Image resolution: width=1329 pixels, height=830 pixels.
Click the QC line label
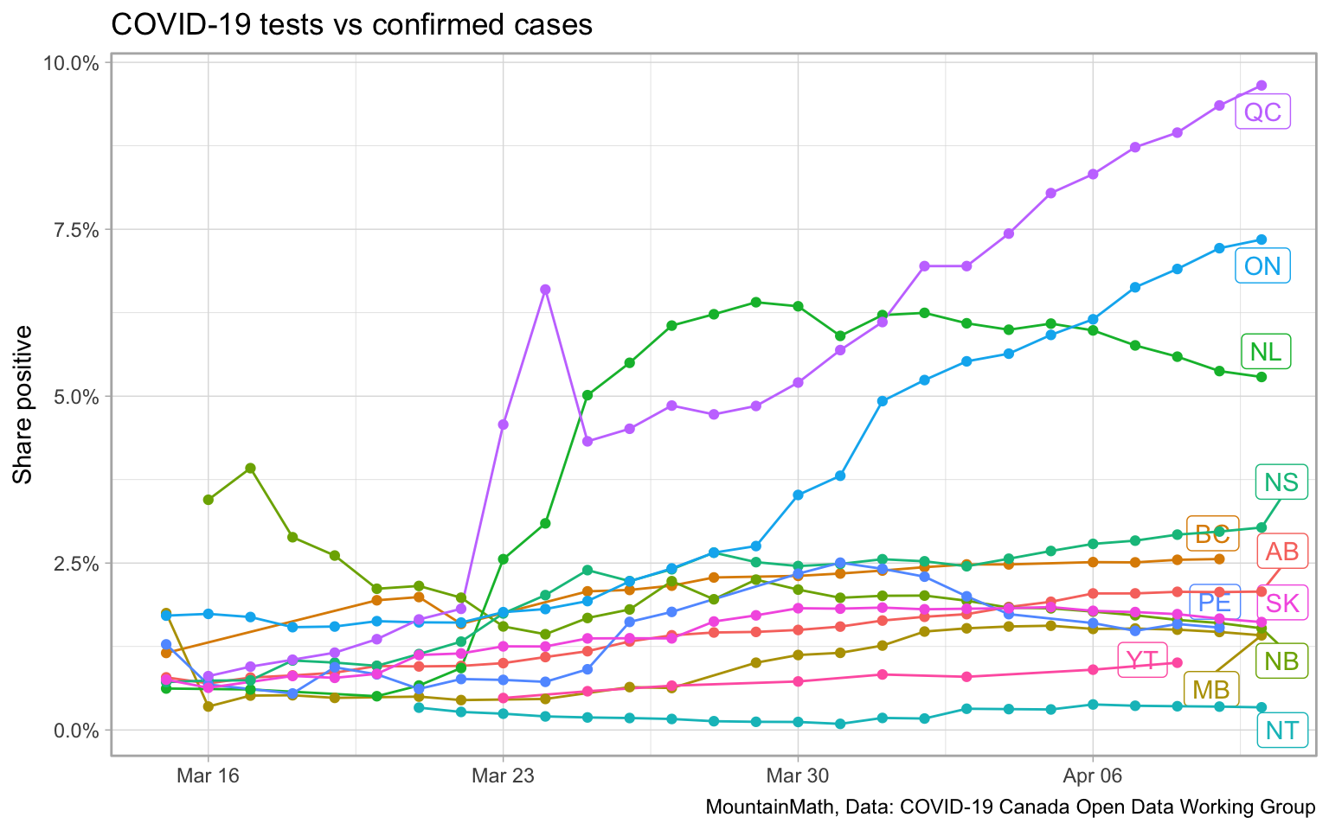coord(1262,112)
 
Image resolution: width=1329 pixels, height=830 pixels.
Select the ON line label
coord(1262,265)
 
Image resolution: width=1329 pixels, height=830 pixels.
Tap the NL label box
coord(1265,352)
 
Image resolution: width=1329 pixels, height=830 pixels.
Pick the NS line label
coord(1281,482)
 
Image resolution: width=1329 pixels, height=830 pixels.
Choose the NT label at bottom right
coord(1281,731)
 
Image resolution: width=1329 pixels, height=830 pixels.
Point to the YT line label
coord(1142,661)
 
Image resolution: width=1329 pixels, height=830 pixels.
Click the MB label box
coord(1210,690)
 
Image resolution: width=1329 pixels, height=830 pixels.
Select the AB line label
coord(1281,552)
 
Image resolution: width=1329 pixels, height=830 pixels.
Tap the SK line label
coord(1281,603)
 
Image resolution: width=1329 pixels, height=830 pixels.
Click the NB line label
coord(1281,662)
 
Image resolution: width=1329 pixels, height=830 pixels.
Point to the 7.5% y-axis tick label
coord(76,230)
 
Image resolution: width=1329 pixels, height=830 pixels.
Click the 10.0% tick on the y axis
coord(73,63)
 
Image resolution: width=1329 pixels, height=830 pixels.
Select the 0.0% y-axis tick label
coord(76,731)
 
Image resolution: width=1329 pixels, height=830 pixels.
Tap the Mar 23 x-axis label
coord(503,776)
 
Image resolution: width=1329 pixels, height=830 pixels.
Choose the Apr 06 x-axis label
coord(1093,776)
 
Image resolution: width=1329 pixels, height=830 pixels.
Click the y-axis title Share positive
coord(23,405)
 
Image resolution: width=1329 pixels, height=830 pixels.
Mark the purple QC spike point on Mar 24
coord(545,290)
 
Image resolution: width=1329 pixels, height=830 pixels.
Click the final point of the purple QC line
coord(1262,86)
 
